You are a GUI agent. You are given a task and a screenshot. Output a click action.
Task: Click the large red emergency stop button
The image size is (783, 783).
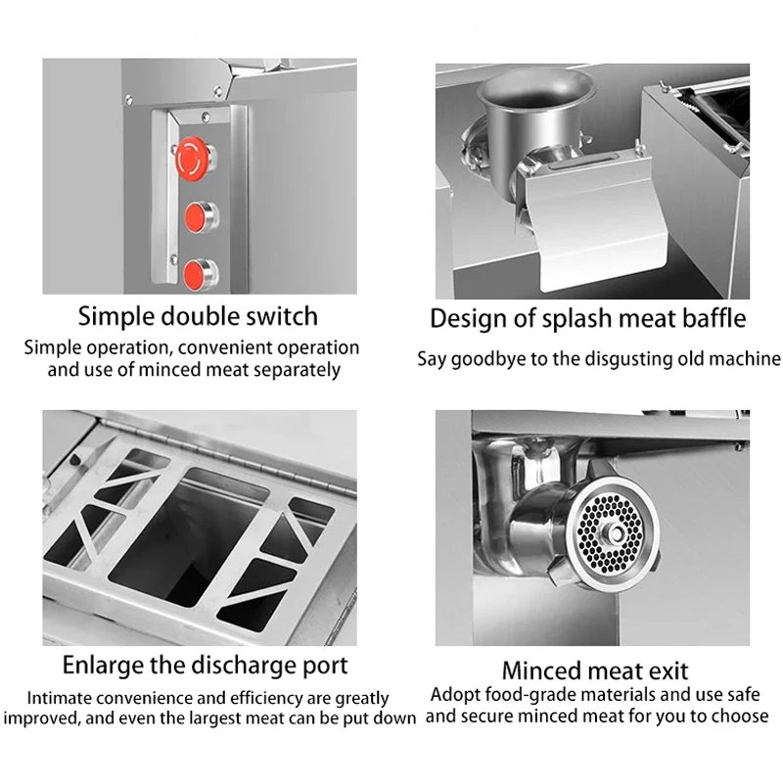191,159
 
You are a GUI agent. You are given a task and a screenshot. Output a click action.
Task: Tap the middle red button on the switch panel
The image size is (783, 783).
196,216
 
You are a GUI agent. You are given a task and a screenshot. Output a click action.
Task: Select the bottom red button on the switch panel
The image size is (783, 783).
196,275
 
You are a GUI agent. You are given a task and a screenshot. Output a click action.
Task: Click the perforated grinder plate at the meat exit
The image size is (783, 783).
610,534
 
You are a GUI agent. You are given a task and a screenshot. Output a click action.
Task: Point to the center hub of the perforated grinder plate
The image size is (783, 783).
617,534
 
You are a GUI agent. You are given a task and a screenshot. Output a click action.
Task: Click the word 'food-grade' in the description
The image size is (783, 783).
526,695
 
